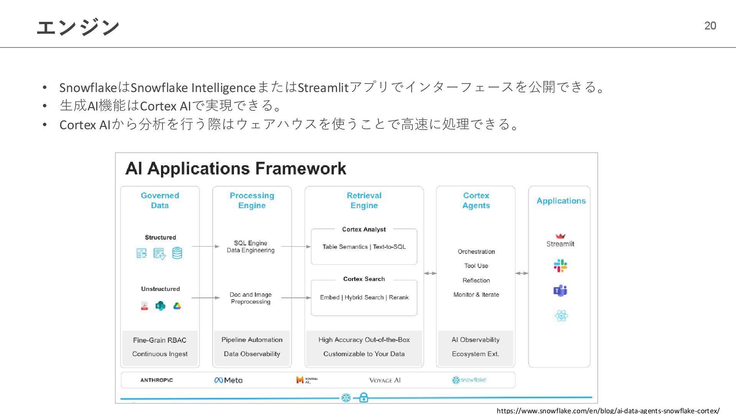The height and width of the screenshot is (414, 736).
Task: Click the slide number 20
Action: tap(710, 26)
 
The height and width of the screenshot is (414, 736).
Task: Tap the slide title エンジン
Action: tap(78, 27)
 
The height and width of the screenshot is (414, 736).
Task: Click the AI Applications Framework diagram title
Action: tap(235, 169)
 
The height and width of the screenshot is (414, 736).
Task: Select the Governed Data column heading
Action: tap(160, 200)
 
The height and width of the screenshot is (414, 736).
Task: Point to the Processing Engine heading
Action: tap(252, 200)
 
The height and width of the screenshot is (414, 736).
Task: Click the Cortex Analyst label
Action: tap(364, 229)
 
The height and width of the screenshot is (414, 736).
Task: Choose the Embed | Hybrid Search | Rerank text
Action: tap(364, 297)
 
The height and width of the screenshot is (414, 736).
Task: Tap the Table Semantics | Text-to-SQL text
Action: tap(364, 247)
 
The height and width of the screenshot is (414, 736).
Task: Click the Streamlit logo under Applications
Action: tap(560, 241)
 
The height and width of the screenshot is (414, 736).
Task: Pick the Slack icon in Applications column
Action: tap(560, 265)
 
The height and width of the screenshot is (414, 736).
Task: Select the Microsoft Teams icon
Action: tap(560, 291)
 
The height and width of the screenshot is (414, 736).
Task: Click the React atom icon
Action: tap(561, 316)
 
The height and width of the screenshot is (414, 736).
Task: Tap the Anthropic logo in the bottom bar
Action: tap(156, 380)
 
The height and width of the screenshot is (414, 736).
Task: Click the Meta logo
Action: tap(228, 380)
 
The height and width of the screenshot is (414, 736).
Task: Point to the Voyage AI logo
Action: tap(385, 380)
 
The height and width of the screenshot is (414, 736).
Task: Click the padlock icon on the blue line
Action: tap(364, 398)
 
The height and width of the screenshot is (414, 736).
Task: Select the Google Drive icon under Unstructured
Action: tap(177, 306)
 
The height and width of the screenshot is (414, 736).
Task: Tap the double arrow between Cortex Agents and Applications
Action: tap(522, 273)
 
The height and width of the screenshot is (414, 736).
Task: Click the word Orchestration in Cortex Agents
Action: tap(476, 251)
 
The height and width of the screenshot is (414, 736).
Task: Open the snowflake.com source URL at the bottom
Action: tap(608, 411)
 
